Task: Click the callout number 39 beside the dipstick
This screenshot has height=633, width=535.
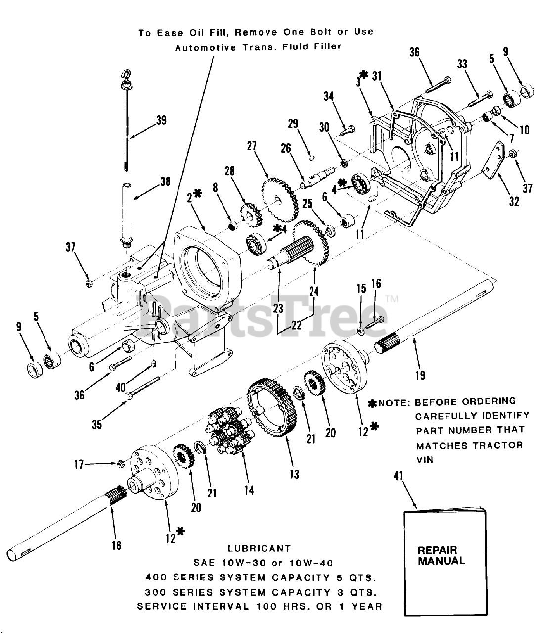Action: point(161,120)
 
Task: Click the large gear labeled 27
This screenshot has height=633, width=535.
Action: point(279,196)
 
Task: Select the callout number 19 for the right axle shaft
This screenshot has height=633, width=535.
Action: point(420,376)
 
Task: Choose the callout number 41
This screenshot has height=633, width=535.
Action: point(398,476)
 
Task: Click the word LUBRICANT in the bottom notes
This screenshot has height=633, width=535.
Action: point(259,548)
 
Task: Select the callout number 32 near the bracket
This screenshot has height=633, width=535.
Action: point(514,201)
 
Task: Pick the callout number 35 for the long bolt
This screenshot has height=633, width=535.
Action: point(97,424)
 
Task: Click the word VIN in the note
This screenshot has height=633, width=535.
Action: point(424,460)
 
